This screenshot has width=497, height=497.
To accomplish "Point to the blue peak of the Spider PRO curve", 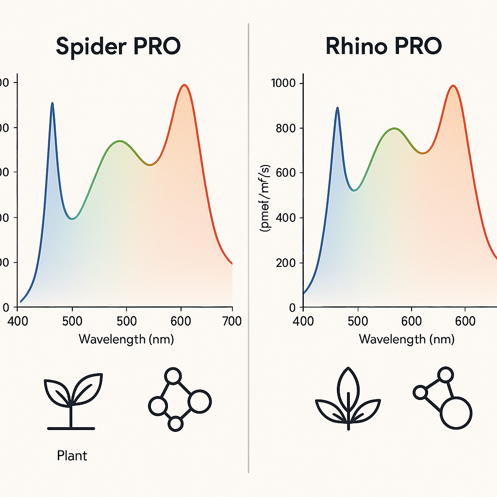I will (x=52, y=103).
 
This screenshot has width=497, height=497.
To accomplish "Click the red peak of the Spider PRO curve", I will (x=184, y=85).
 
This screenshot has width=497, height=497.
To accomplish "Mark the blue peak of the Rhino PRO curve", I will (x=337, y=108).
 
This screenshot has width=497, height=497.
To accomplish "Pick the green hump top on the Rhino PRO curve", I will (x=395, y=129).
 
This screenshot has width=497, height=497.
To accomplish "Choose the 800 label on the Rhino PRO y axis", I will (x=285, y=128).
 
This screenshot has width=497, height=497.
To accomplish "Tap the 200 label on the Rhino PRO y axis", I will (x=285, y=263).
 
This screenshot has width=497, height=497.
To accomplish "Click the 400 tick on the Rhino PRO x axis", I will (x=304, y=321).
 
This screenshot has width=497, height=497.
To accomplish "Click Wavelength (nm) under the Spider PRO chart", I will (x=126, y=339).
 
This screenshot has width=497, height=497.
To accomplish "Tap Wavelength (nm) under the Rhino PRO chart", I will (x=407, y=339).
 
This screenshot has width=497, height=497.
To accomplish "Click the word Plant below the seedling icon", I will (x=72, y=456).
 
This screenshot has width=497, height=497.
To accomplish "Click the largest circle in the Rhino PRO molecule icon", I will (x=456, y=413).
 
